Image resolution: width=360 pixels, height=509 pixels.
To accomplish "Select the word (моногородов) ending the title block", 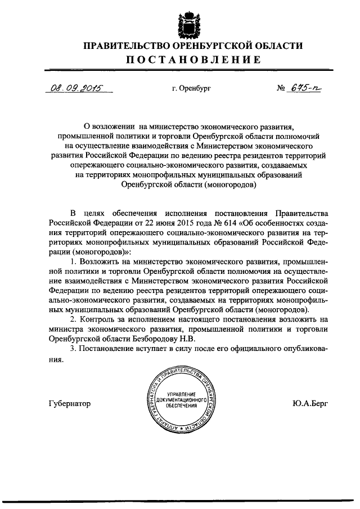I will (229, 183).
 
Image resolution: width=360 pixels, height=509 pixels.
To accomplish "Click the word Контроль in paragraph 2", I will (98, 320).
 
